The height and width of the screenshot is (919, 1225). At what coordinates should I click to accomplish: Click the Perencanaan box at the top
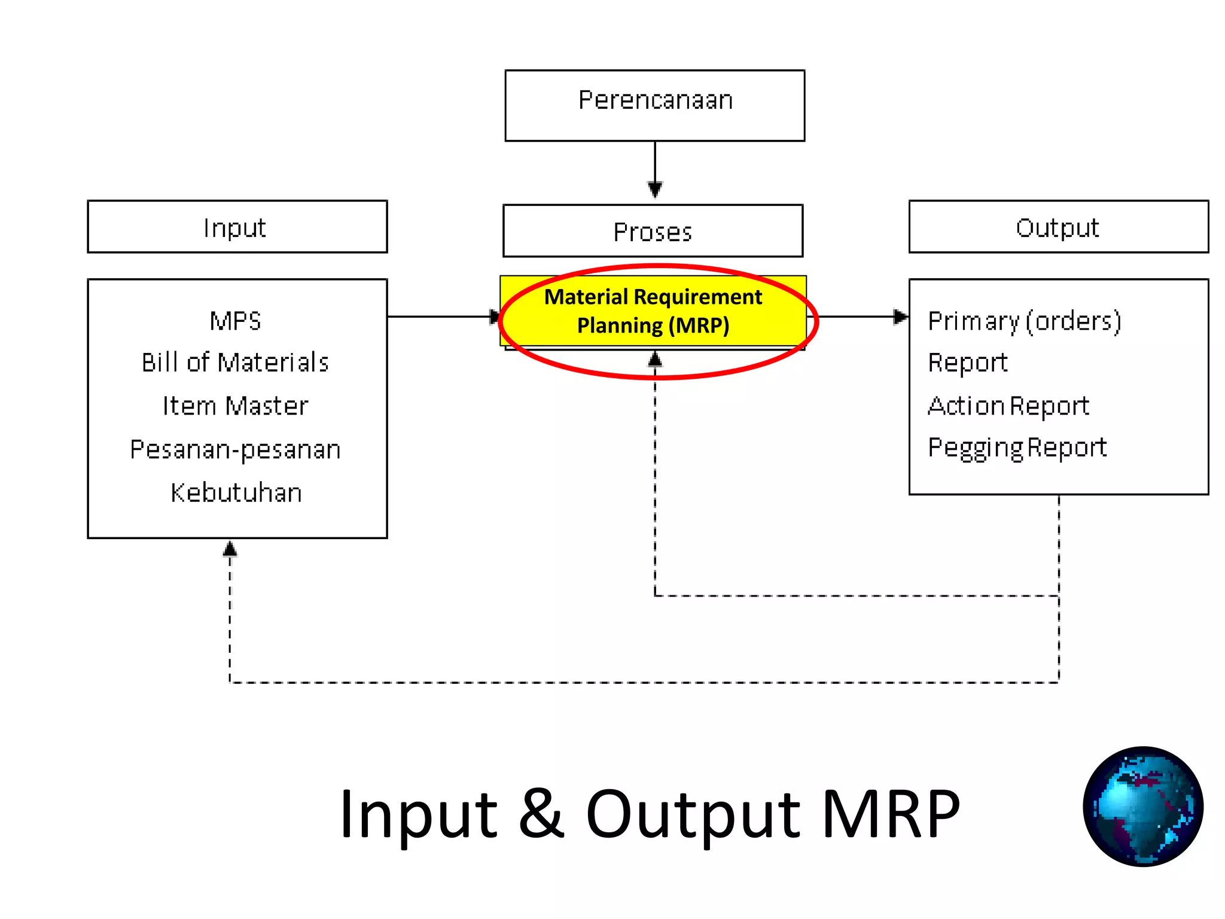(x=654, y=105)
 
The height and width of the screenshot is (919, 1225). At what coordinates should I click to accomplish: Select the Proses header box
(x=653, y=231)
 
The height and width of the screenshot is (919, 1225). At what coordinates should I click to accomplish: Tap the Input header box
(x=237, y=227)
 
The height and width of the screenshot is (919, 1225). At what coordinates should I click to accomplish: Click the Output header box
(x=1058, y=227)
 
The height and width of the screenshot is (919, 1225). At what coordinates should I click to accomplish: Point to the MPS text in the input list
(x=236, y=321)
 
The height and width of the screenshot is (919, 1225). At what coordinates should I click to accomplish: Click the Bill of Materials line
(x=236, y=363)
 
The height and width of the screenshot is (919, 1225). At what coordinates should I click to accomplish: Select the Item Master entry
(x=236, y=406)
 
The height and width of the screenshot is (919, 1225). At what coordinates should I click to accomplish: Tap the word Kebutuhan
(x=236, y=492)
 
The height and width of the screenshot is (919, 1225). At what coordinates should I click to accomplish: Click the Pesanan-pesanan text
(x=236, y=450)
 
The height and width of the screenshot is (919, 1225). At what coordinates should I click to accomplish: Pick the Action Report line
(x=1008, y=406)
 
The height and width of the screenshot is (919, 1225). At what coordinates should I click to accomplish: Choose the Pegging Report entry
(x=1017, y=448)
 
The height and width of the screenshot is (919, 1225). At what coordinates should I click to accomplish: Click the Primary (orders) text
(x=1024, y=321)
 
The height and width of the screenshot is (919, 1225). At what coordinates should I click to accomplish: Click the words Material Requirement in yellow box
(x=653, y=297)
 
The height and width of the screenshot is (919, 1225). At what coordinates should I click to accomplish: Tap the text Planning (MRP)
(x=653, y=325)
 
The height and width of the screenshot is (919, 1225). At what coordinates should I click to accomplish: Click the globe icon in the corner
(x=1142, y=806)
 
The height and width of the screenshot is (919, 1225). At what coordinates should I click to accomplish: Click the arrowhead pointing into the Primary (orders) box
(x=900, y=317)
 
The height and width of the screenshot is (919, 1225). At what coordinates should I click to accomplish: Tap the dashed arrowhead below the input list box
(x=230, y=549)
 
